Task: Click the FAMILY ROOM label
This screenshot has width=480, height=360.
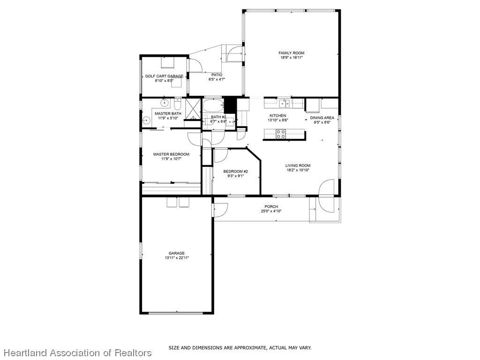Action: point(291,53)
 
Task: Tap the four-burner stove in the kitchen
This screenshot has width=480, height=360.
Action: point(281,134)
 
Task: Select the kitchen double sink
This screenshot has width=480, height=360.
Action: point(285,103)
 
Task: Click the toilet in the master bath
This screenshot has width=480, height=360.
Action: point(177,105)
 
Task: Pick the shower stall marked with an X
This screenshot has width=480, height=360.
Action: point(193,109)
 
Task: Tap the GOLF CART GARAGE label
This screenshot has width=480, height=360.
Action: point(164,76)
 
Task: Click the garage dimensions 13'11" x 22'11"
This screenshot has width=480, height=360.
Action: point(177,258)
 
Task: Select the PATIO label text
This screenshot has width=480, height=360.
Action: point(217,75)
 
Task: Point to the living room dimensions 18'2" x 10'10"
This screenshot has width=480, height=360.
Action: point(298,170)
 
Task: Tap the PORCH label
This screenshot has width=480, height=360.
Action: point(271,207)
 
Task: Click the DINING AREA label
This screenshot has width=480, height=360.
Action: point(322,118)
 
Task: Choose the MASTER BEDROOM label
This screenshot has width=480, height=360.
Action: point(171,154)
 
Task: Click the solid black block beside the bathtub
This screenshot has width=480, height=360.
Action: point(230,105)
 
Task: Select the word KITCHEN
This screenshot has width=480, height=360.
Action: point(277,116)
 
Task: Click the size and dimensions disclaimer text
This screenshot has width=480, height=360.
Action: point(240,348)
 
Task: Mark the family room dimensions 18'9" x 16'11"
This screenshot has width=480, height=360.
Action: point(291,57)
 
